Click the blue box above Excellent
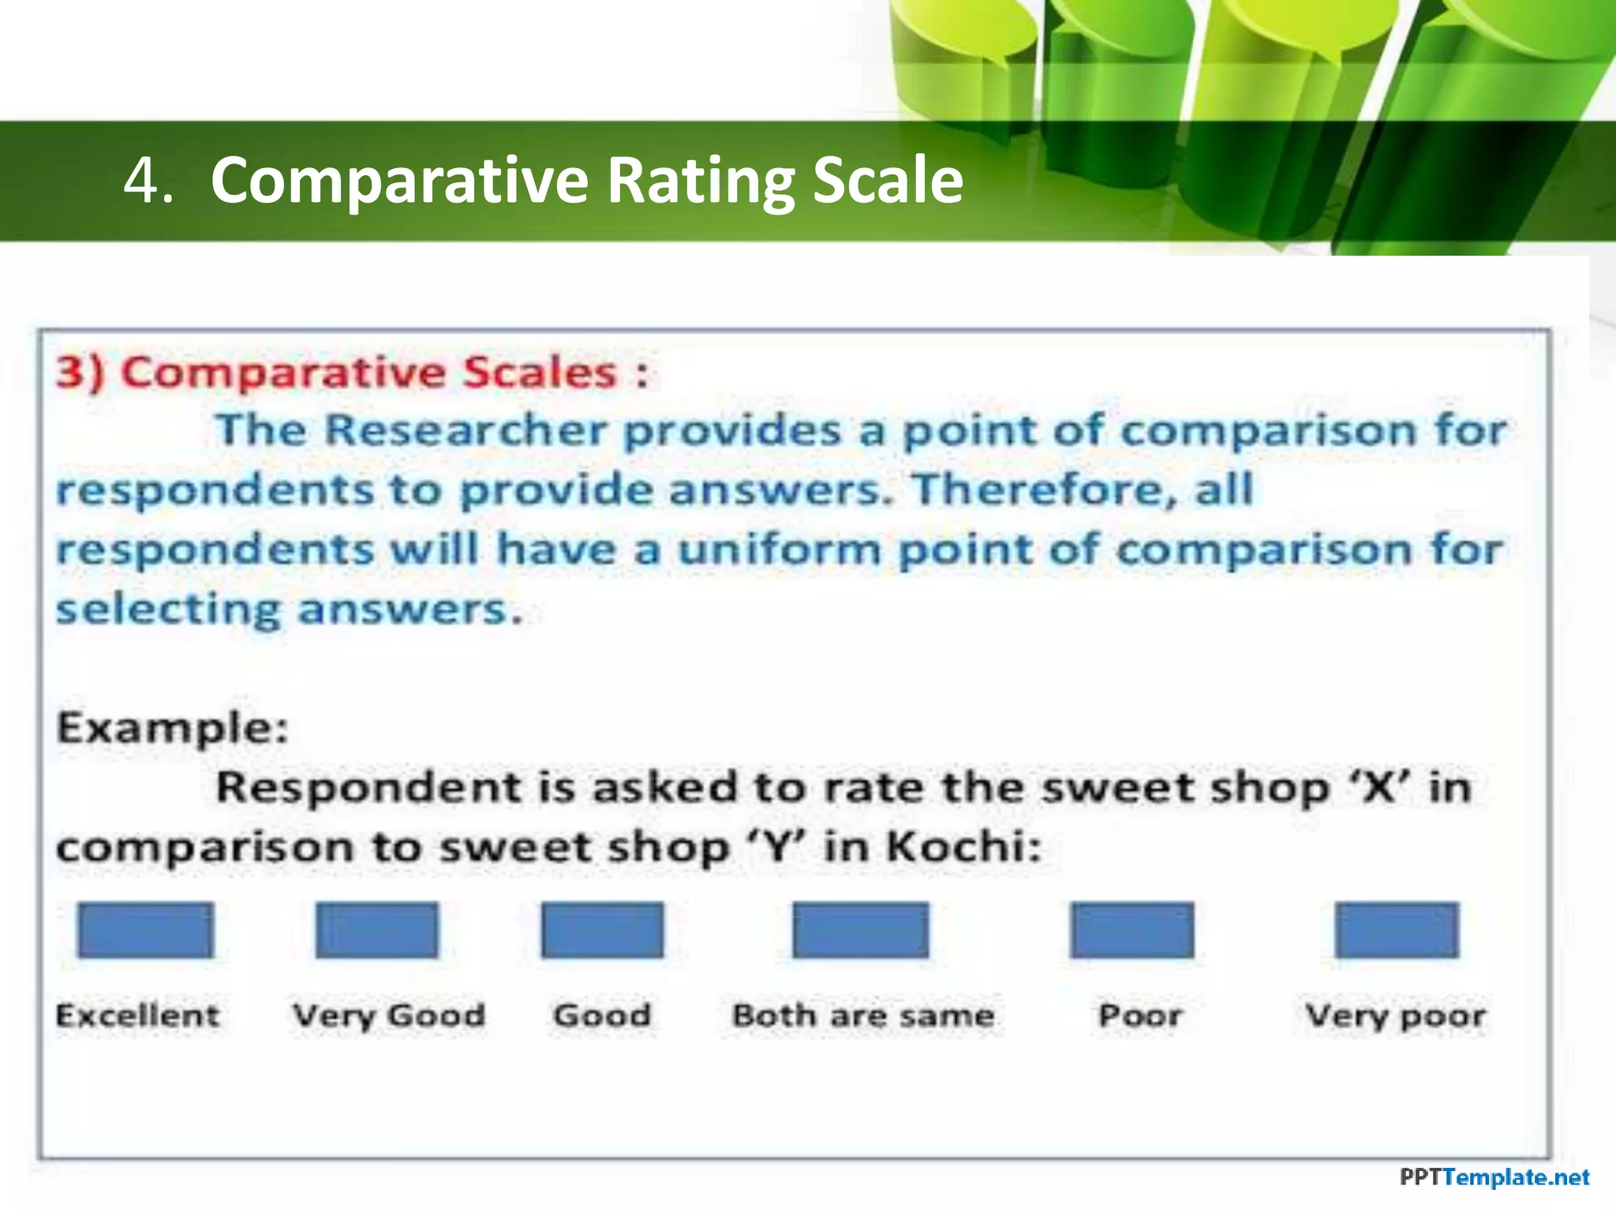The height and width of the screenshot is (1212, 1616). point(145,930)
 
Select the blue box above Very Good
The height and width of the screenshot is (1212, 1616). point(376,930)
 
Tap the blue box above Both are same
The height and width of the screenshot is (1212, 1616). point(860,930)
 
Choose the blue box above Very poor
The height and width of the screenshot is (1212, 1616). point(1397,930)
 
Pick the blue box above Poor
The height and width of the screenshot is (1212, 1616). point(1132,930)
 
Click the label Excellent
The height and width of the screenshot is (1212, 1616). point(137,1016)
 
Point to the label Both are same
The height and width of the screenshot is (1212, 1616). point(863,1016)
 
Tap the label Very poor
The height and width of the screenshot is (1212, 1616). point(1395,1016)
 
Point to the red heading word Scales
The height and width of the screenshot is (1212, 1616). point(539,372)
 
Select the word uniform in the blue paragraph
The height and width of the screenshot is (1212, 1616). point(780,549)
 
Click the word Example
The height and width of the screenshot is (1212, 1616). point(172,728)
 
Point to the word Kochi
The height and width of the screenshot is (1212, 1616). point(963,847)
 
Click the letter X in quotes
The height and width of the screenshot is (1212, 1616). point(1378,787)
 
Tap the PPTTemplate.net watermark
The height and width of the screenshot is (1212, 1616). point(1494,1178)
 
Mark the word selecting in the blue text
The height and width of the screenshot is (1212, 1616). point(168,610)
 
